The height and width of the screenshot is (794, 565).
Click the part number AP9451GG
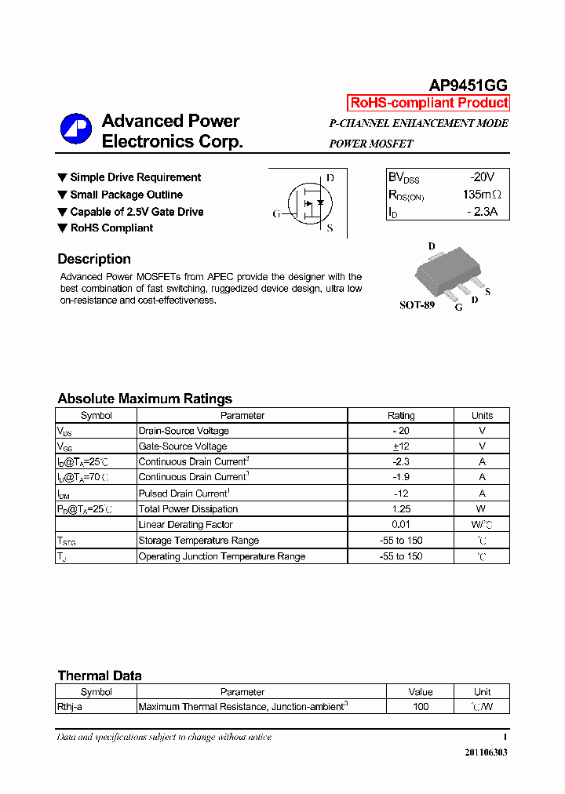point(468,86)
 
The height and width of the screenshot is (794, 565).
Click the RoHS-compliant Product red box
point(428,103)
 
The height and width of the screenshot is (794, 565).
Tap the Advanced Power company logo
point(76,130)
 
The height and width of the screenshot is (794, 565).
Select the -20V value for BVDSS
point(482,178)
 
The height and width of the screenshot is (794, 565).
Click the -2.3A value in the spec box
point(482,212)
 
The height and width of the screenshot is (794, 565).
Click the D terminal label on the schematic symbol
point(330,178)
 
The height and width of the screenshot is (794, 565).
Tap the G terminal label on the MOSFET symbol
point(276,213)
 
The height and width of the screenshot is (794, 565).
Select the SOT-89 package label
point(417,305)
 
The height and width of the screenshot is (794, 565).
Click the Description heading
point(94,259)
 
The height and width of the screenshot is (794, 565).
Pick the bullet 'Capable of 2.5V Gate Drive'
point(136,212)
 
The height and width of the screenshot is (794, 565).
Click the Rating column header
point(401,416)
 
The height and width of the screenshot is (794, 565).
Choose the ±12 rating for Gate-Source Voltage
point(401,446)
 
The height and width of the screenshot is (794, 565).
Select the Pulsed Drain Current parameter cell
point(184,494)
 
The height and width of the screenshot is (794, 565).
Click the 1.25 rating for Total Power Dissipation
point(401,509)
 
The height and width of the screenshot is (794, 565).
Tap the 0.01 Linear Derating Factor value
point(401,525)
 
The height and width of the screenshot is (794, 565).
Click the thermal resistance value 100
point(421,707)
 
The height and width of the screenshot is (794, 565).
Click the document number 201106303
point(486,752)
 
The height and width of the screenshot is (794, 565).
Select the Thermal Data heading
point(100,676)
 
